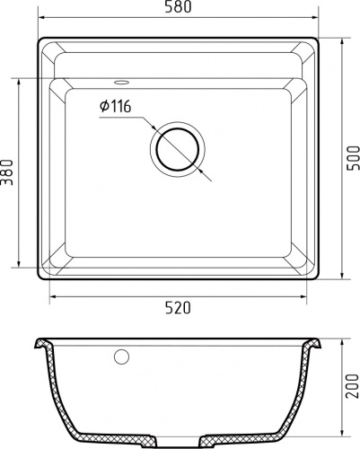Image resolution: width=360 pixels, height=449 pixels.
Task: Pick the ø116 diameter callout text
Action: click(x=116, y=107)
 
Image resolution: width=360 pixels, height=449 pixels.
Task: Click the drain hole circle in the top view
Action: click(x=178, y=148)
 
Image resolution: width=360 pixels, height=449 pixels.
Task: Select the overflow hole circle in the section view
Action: click(x=120, y=357)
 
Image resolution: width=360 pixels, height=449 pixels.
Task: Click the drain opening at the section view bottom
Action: click(x=178, y=439)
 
